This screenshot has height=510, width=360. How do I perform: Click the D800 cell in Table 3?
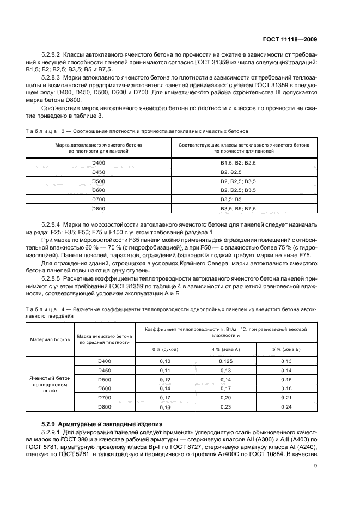[99, 208]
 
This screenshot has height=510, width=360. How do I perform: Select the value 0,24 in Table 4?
[286, 407]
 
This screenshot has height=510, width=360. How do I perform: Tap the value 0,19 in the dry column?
[165, 407]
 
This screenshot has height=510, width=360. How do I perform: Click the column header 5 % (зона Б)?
[286, 348]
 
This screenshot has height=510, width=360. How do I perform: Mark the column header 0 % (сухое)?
[165, 348]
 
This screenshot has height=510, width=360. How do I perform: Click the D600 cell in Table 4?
[104, 388]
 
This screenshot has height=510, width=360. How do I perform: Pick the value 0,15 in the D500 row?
[286, 379]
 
